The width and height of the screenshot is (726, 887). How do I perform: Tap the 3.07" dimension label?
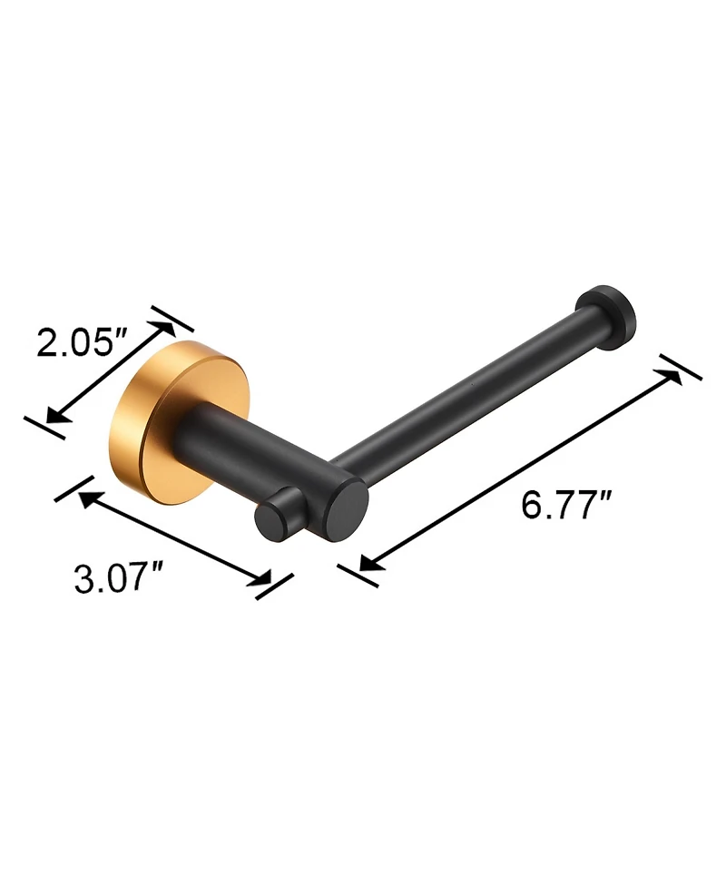point(118,578)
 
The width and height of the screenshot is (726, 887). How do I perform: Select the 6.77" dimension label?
point(566,505)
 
